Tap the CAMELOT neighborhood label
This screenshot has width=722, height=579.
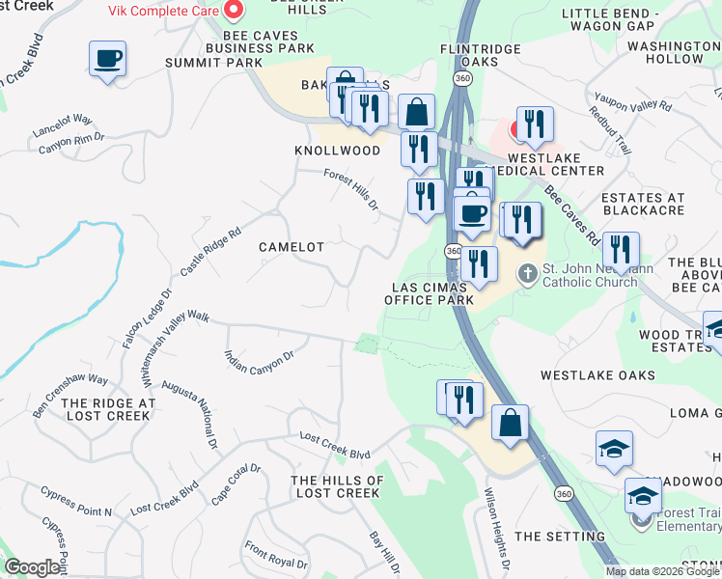(292, 247)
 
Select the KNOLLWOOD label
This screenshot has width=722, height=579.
(337, 152)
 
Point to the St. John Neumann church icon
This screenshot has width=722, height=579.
(527, 273)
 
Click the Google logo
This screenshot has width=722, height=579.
(32, 567)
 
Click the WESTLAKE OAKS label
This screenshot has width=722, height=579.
(597, 374)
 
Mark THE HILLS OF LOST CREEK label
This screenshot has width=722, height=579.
(337, 486)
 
